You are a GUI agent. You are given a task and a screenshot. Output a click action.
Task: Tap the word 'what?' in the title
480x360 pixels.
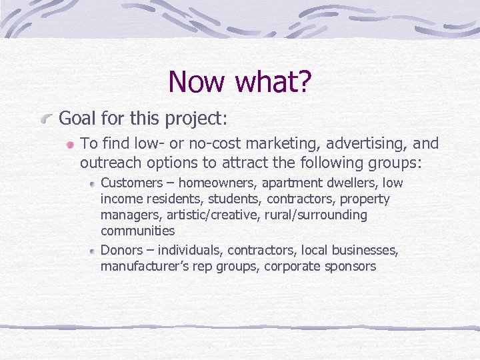(272, 82)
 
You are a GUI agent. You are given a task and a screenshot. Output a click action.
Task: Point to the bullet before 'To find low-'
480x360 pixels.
(69, 145)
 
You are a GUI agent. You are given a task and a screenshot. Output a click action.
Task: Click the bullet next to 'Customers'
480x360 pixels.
(93, 183)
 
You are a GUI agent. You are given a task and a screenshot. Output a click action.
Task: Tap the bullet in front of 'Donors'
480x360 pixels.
(93, 251)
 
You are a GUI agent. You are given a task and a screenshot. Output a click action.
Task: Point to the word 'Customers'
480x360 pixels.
(131, 183)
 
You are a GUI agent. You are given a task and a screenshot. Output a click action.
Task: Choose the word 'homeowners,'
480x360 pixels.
(216, 183)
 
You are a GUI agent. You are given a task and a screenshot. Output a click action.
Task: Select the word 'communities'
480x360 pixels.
(137, 231)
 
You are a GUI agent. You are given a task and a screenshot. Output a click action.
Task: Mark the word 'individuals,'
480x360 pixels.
(190, 250)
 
